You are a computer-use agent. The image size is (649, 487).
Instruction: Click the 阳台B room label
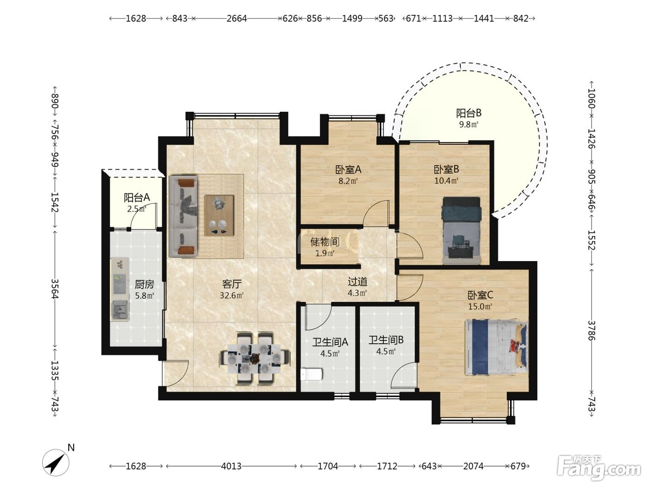pos(469,113)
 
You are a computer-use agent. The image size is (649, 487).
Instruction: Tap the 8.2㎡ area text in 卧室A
pos(348,181)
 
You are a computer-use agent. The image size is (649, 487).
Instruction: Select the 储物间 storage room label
pos(324,242)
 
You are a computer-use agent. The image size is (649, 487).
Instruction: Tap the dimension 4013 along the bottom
pos(231,466)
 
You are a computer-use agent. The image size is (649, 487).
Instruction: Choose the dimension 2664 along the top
pos(236,19)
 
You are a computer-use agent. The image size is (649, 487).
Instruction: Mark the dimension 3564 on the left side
pos(55,288)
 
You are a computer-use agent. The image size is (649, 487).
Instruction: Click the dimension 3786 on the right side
pos(591,330)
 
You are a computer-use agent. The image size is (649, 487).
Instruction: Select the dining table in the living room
pos(255,359)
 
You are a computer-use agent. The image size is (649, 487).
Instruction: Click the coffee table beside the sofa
pos(219,215)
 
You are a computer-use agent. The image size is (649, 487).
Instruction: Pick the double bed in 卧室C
pos(496,347)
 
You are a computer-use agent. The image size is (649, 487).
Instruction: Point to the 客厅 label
pos(232,284)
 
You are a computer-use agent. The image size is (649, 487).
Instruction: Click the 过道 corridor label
pos(357,282)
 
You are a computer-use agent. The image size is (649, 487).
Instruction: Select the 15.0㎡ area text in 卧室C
pos(480,307)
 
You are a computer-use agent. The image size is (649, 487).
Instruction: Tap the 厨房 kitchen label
pos(144,284)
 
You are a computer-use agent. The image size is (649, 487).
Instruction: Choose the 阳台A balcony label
pos(137,198)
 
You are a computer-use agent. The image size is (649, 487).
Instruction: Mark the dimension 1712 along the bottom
pos(387,466)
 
